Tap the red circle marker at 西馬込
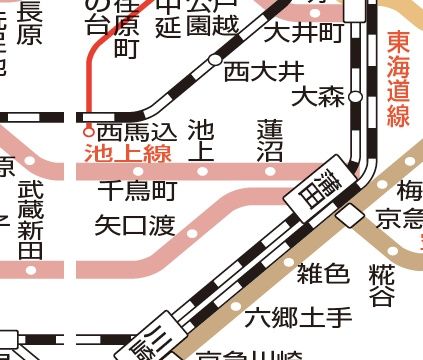click(x=88, y=130)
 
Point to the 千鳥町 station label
click(x=137, y=189)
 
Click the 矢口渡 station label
click(x=134, y=224)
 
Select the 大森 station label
click(x=318, y=97)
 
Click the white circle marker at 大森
click(x=355, y=98)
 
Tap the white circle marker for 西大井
click(x=214, y=61)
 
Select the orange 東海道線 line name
click(x=398, y=79)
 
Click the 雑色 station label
click(x=323, y=272)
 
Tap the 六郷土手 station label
click(x=299, y=319)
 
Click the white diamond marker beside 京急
click(x=349, y=215)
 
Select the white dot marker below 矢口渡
click(x=193, y=234)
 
